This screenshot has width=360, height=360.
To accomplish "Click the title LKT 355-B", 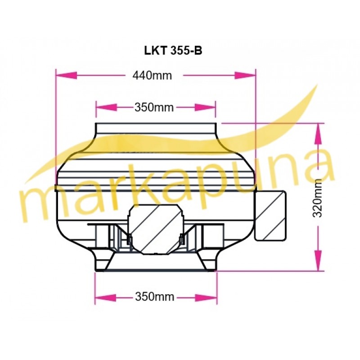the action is (x=173, y=50).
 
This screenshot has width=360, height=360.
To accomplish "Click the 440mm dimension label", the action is (x=152, y=76).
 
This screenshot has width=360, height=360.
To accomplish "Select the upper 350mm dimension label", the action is (x=154, y=108).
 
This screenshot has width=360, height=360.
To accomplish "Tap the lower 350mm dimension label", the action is (x=154, y=297).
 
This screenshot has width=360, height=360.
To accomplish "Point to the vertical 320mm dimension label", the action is (x=318, y=198).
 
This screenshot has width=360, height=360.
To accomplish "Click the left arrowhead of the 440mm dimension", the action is (x=66, y=75).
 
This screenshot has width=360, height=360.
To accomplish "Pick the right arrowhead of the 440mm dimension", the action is (x=245, y=75).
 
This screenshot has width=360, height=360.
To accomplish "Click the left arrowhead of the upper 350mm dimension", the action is (x=107, y=107).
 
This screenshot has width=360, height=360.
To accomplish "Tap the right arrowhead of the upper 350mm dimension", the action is (x=205, y=107).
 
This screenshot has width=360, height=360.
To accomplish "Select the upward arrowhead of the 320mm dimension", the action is (x=318, y=134).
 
